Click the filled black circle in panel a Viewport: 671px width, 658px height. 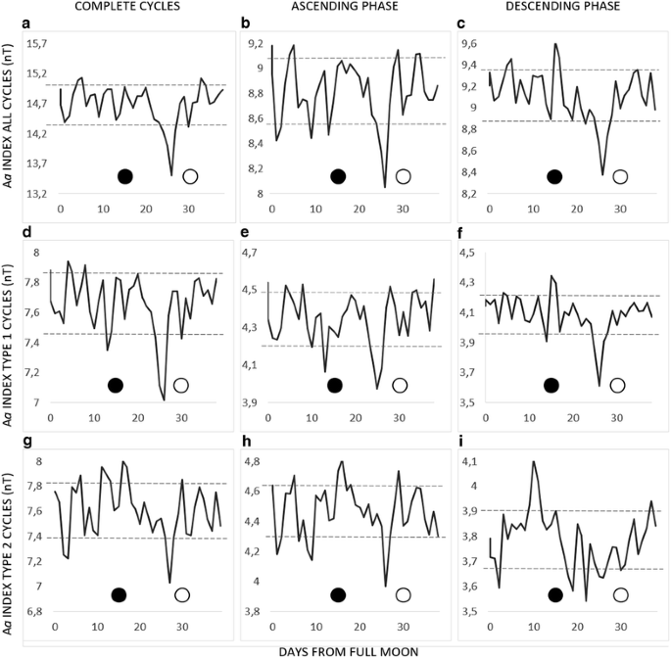pos(124,176)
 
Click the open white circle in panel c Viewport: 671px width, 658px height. pos(620,176)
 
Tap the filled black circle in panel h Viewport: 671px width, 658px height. pos(338,594)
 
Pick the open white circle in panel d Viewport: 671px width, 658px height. pos(180,385)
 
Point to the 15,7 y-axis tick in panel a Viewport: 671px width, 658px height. pos(35,44)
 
